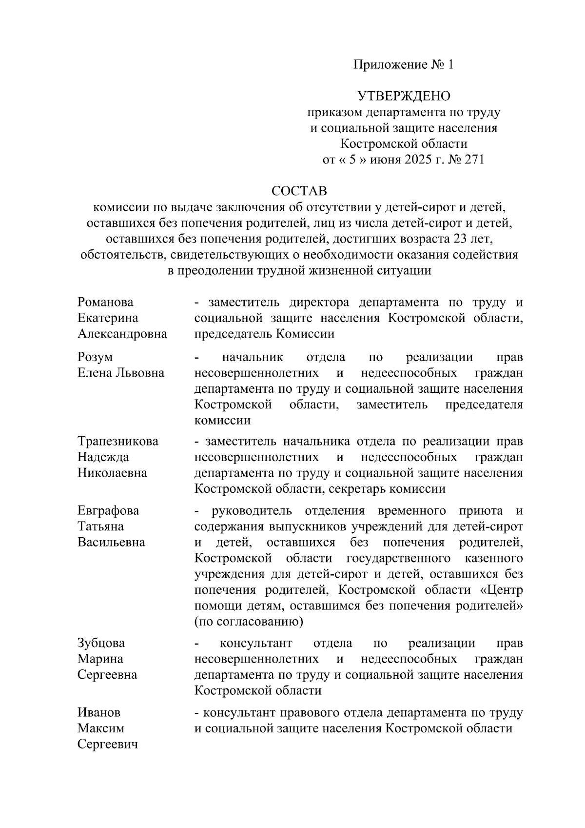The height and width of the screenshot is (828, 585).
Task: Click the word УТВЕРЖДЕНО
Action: [404, 96]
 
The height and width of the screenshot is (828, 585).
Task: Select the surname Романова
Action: [105, 303]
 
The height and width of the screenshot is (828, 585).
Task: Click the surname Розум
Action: [95, 357]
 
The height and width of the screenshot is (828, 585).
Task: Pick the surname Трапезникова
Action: [118, 441]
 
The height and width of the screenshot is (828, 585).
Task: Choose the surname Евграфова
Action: [108, 511]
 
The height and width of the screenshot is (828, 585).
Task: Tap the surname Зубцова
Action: [101, 643]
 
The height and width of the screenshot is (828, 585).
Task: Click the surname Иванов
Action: [99, 712]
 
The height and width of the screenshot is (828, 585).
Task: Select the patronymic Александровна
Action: [122, 334]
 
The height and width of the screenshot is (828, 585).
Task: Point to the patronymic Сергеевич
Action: [108, 745]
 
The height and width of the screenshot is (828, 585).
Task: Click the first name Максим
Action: [101, 728]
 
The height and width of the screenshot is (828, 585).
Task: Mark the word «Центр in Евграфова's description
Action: [502, 590]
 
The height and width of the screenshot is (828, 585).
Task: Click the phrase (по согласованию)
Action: [249, 622]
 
